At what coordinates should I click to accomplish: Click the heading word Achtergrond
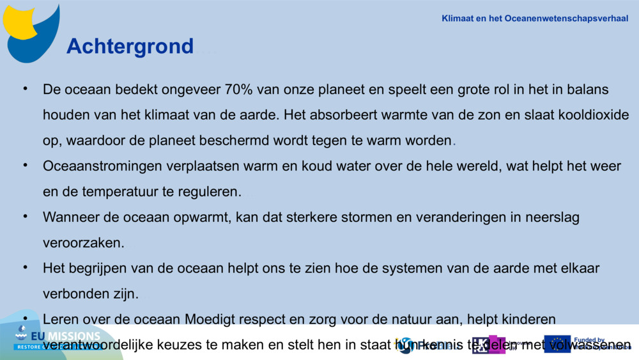point(130,46)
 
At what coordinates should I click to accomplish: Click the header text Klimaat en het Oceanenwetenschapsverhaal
point(535,19)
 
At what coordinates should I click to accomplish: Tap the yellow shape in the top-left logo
point(22,22)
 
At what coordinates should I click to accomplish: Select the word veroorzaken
point(84,243)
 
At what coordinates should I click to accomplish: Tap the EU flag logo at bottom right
point(557,344)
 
